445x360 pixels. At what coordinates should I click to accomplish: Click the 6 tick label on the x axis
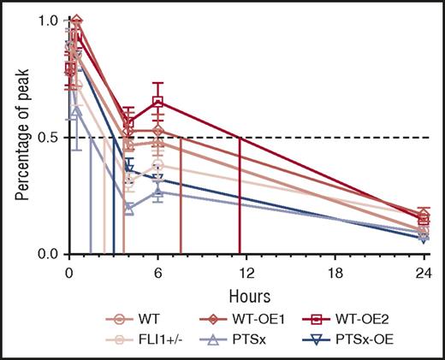point(157,272)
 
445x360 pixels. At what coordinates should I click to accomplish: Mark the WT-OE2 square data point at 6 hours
point(157,102)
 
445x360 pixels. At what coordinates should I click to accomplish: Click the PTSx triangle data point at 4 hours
point(128,208)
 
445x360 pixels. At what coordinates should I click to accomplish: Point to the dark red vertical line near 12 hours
point(239,197)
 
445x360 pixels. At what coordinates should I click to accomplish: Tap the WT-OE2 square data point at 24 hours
point(424,219)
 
